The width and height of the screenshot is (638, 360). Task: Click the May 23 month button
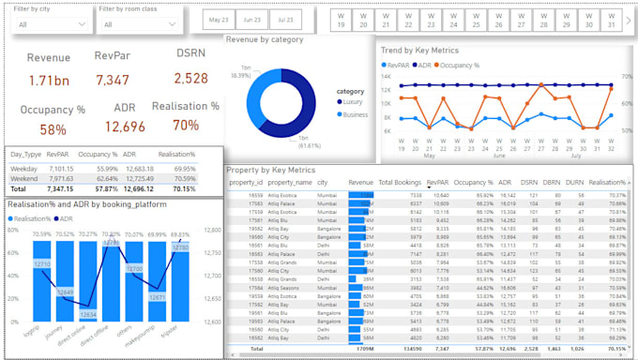(219, 20)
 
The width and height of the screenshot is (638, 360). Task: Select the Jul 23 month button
(282, 20)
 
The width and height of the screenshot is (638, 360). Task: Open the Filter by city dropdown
(47, 25)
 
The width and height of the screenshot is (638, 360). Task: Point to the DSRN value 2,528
(191, 80)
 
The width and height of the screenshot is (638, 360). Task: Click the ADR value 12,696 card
(125, 127)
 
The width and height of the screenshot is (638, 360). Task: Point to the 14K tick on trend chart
(387, 77)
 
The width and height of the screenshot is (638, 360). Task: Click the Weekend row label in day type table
(25, 177)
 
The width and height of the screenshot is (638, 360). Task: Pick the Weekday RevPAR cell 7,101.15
(59, 168)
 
